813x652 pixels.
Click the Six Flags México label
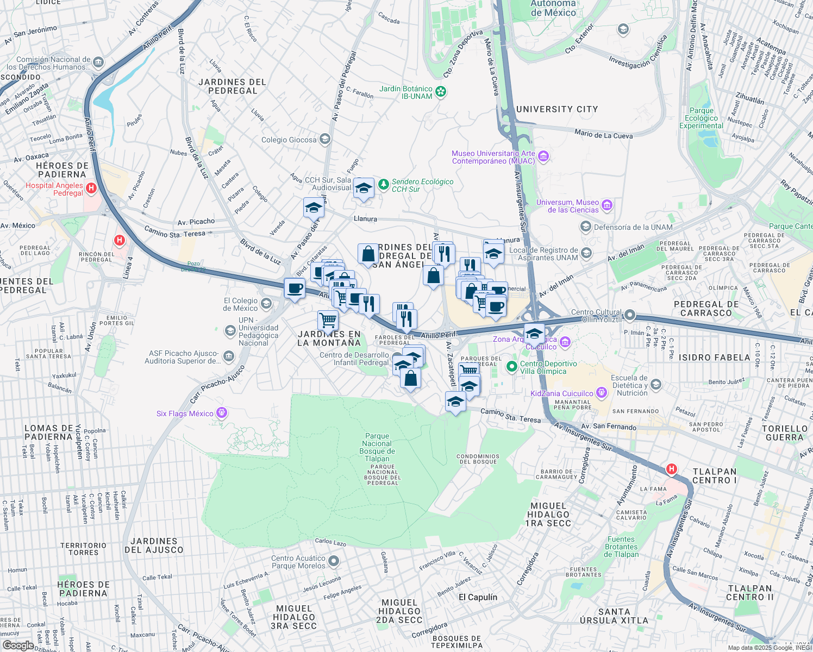coord(185,413)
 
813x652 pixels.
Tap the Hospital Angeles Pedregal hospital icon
coord(91,189)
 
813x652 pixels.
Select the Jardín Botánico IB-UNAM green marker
coord(441,92)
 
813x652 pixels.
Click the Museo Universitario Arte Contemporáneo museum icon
coord(543,157)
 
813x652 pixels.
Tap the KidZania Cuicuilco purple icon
coord(601,393)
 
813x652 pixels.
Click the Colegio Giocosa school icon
coord(324,140)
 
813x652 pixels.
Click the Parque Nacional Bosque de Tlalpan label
coord(377,447)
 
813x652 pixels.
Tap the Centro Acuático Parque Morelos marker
coord(334,561)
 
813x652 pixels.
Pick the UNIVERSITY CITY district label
coord(556,109)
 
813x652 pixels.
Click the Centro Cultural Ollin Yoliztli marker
coord(629,315)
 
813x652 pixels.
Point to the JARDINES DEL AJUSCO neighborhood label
coord(154,546)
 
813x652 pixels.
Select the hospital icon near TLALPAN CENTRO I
coord(672,469)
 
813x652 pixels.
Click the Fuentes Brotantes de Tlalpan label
coord(621,547)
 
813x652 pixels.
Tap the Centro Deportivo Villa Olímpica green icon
coord(511,367)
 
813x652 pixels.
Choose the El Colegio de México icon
coord(266,303)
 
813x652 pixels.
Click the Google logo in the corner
coord(18,645)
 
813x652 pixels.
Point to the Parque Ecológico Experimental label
coord(701,118)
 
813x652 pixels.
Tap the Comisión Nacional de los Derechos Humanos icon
coord(98,62)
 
